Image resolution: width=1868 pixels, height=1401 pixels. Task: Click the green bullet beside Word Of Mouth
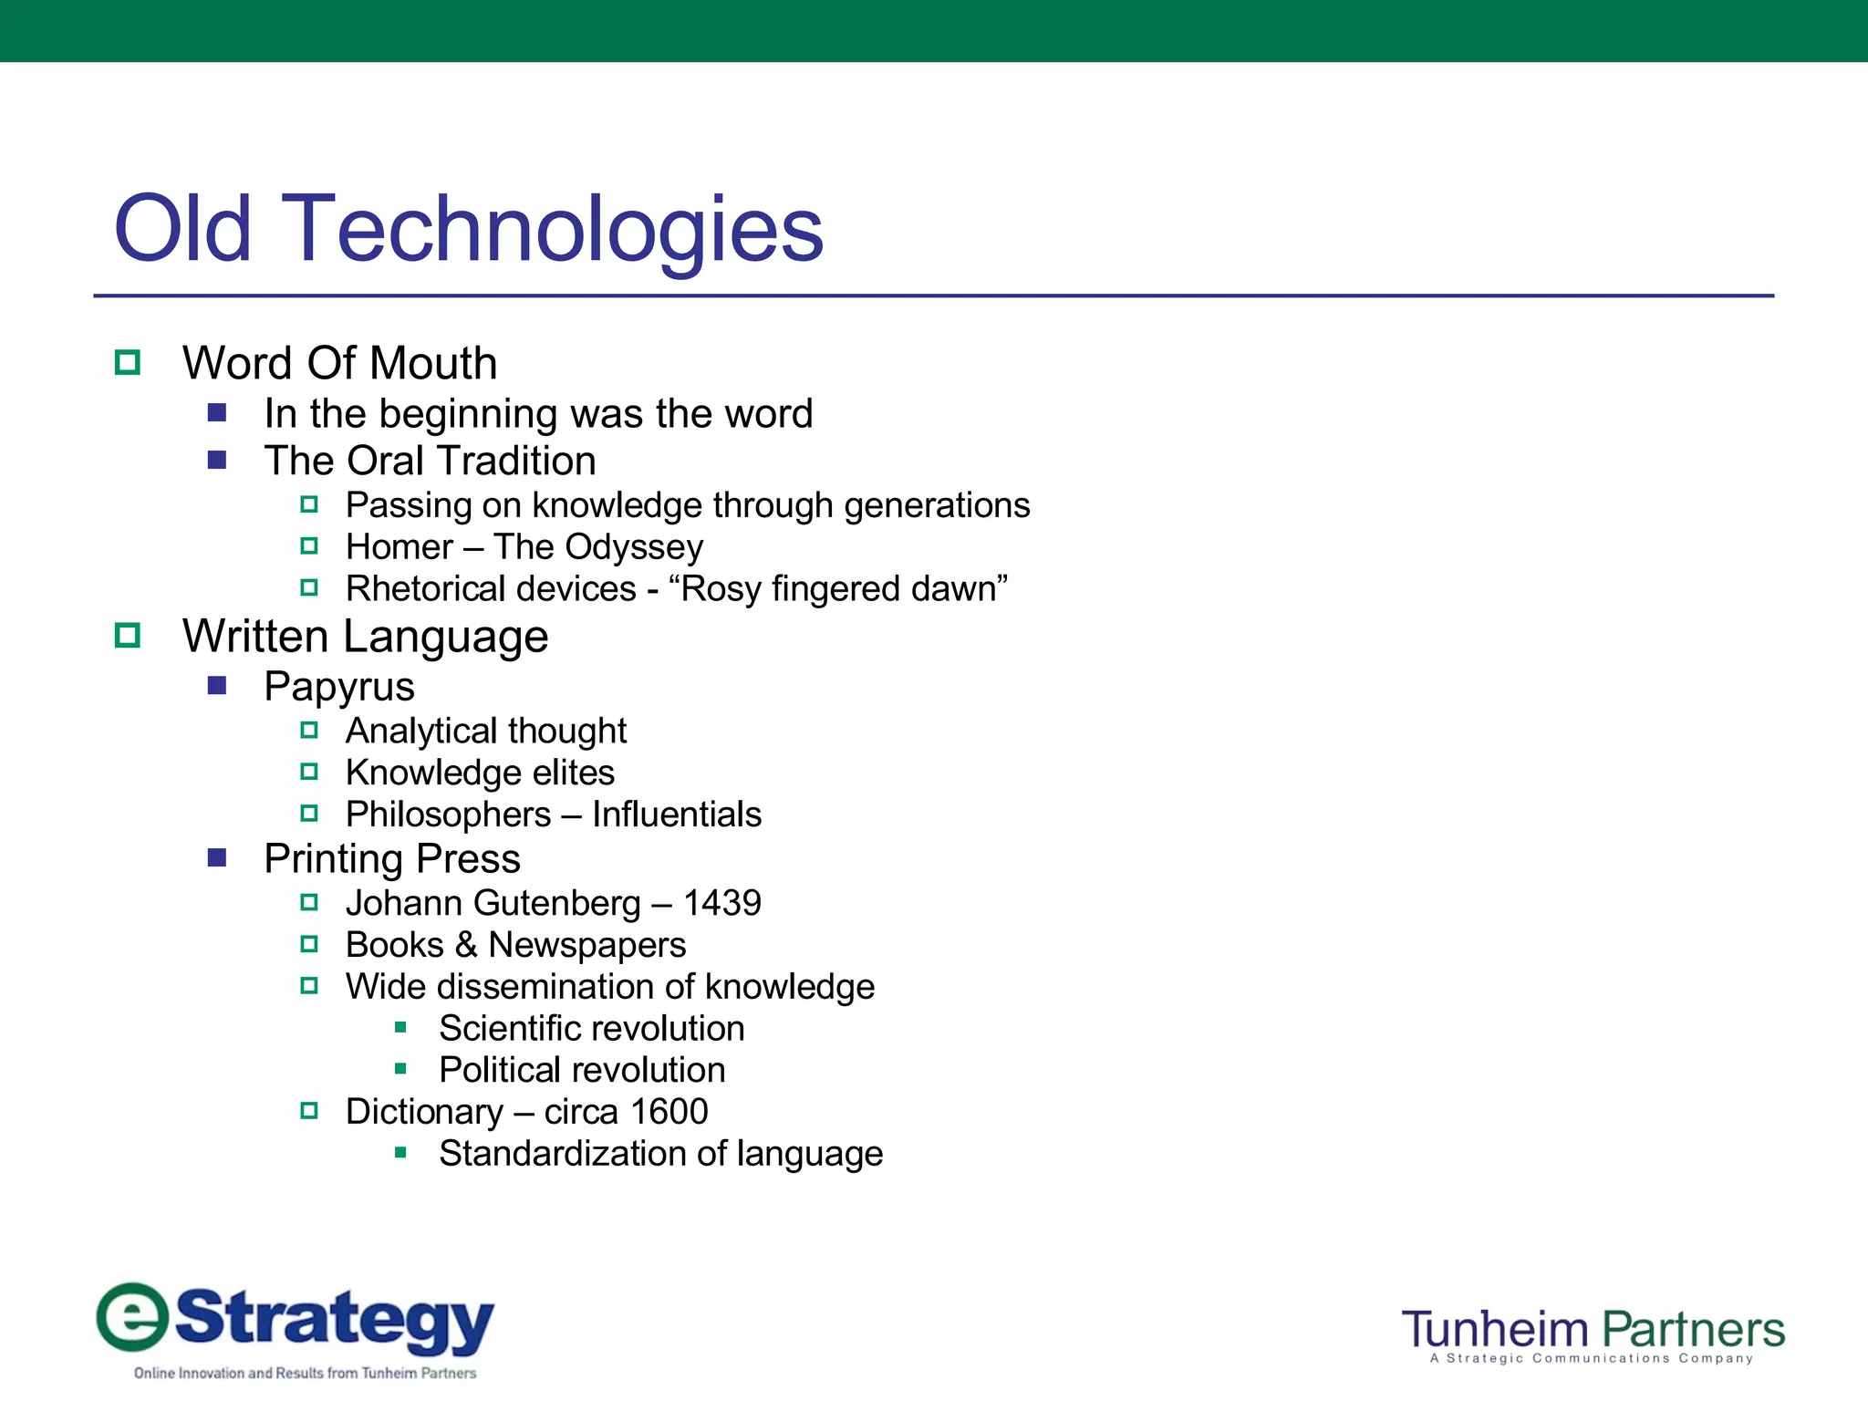128,363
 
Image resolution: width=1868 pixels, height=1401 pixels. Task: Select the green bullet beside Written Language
128,636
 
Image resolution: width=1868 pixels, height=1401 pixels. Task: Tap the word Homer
399,547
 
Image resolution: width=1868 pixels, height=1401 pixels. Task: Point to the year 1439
721,903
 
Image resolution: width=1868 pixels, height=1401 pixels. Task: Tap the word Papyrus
338,687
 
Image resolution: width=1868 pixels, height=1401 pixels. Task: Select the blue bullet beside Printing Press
217,858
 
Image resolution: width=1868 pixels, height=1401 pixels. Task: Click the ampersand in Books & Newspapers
466,945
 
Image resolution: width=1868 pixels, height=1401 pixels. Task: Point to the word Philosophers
448,815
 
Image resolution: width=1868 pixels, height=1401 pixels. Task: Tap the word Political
499,1070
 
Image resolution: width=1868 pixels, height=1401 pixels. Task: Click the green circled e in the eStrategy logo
133,1318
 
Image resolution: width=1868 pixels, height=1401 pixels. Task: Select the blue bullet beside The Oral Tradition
217,461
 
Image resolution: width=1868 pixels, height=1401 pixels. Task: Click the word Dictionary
424,1112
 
